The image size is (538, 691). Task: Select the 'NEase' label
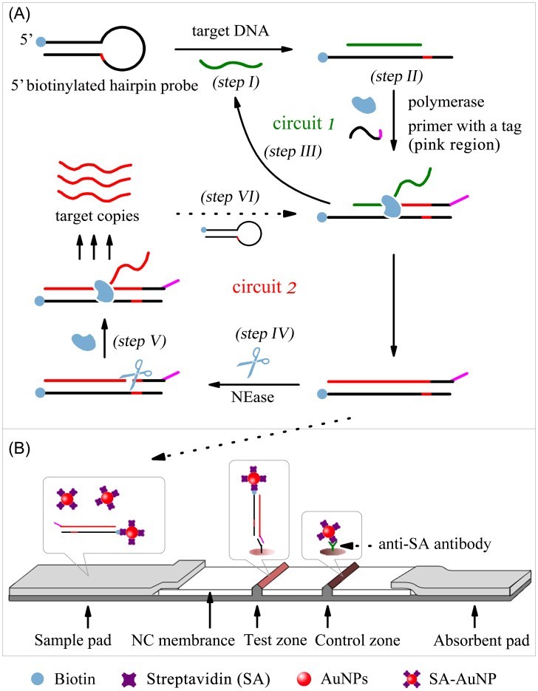251,397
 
